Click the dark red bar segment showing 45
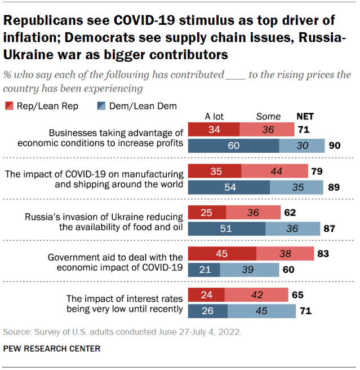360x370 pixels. tap(221, 253)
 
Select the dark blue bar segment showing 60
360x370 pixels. tap(233, 146)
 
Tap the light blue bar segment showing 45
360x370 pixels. tap(261, 310)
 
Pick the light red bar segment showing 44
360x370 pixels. tap(274, 171)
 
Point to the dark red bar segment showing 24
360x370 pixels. tap(206, 294)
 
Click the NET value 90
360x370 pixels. tap(334, 146)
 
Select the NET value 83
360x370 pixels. tap(323, 253)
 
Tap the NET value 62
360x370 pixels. tap(291, 213)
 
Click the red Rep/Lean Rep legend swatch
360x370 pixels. tap(9, 106)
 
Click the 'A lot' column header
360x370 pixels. tap(214, 117)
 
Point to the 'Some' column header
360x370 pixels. tap(268, 117)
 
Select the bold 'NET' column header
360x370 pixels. tap(305, 117)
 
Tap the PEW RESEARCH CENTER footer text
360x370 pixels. tap(52, 349)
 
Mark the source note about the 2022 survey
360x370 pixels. tap(122, 331)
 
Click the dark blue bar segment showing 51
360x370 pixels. tap(226, 228)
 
